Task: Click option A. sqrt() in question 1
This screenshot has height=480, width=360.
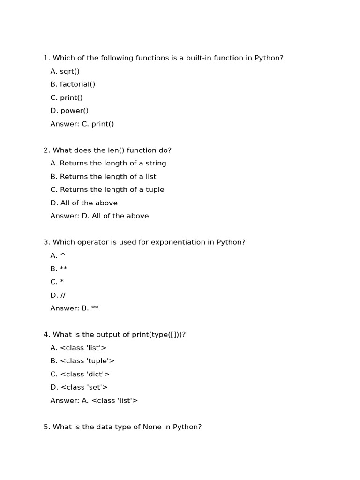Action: (65, 71)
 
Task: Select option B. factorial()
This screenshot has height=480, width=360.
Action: (73, 84)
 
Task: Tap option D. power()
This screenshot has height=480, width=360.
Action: (69, 111)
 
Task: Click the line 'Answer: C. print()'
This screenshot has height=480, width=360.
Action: (82, 124)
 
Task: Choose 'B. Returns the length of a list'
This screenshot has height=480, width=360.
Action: (103, 177)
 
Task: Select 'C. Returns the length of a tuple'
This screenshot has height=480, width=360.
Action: (107, 190)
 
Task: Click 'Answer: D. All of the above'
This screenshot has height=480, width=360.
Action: (99, 216)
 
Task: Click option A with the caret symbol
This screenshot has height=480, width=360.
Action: (58, 255)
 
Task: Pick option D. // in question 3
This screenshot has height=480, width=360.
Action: (58, 295)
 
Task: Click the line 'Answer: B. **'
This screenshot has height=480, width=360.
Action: (75, 308)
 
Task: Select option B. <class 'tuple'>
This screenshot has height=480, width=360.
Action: (82, 361)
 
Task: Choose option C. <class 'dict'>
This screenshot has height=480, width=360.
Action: (80, 374)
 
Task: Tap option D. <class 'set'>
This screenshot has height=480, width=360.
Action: (79, 387)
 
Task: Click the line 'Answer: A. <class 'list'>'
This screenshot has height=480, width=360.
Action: (94, 401)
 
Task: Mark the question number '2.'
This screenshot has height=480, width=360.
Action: (47, 150)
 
